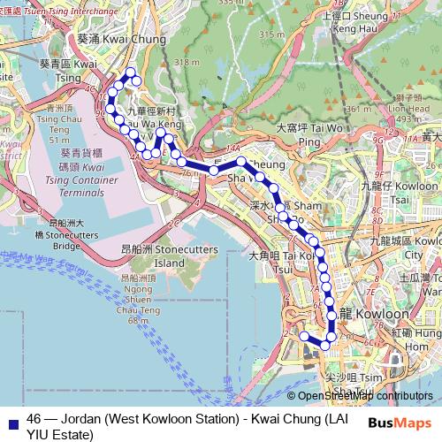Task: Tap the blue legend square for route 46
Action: click(x=13, y=419)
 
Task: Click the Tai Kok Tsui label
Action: click(x=279, y=262)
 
